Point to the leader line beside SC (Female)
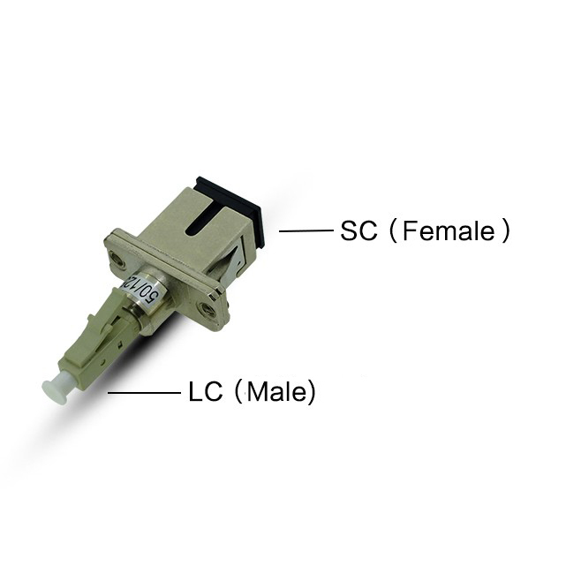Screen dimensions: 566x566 pyautogui.click(x=306, y=231)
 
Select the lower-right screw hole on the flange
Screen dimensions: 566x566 pyautogui.click(x=207, y=309)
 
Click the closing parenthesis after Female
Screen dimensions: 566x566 pyautogui.click(x=505, y=231)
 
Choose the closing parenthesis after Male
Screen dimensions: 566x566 pyautogui.click(x=310, y=391)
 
